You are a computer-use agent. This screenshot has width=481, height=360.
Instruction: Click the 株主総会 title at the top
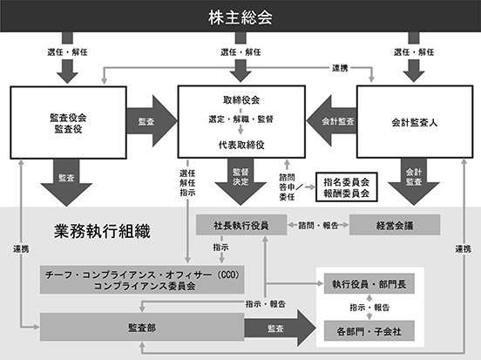pyautogui.click(x=240, y=17)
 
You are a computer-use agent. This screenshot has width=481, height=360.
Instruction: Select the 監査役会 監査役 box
pyautogui.click(x=69, y=122)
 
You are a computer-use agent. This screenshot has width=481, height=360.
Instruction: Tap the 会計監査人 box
pyautogui.click(x=415, y=122)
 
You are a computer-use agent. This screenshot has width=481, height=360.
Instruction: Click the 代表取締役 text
pyautogui.click(x=241, y=145)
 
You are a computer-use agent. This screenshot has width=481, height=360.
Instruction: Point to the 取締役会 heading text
pyautogui.click(x=241, y=100)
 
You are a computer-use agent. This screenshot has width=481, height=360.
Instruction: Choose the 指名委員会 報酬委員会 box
pyautogui.click(x=346, y=187)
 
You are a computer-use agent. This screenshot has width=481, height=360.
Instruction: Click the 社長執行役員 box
pyautogui.click(x=241, y=225)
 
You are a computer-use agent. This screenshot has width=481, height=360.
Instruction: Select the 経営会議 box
pyautogui.click(x=395, y=225)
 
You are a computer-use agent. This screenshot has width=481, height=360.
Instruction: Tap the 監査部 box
pyautogui.click(x=142, y=327)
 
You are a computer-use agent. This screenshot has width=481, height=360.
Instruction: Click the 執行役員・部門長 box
pyautogui.click(x=369, y=284)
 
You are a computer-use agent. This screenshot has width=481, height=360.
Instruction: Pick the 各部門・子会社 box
pyautogui.click(x=369, y=331)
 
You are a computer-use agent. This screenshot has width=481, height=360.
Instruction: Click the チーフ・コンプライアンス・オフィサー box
pyautogui.click(x=142, y=280)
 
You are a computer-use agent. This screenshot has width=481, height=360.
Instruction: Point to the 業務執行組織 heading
pyautogui.click(x=102, y=231)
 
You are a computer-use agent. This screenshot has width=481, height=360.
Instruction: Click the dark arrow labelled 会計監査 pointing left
pyautogui.click(x=331, y=121)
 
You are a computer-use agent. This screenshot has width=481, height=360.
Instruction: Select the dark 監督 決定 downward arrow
pyautogui.click(x=240, y=181)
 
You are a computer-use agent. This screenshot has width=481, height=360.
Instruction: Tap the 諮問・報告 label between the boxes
pyautogui.click(x=318, y=226)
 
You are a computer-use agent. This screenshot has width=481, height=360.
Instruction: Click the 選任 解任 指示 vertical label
pyautogui.click(x=187, y=183)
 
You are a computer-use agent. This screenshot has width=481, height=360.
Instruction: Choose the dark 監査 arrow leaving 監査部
pyautogui.click(x=280, y=328)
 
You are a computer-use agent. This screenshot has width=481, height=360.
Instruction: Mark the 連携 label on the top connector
pyautogui.click(x=340, y=68)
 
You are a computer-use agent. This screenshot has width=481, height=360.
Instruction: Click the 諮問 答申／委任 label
pyautogui.click(x=289, y=187)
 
